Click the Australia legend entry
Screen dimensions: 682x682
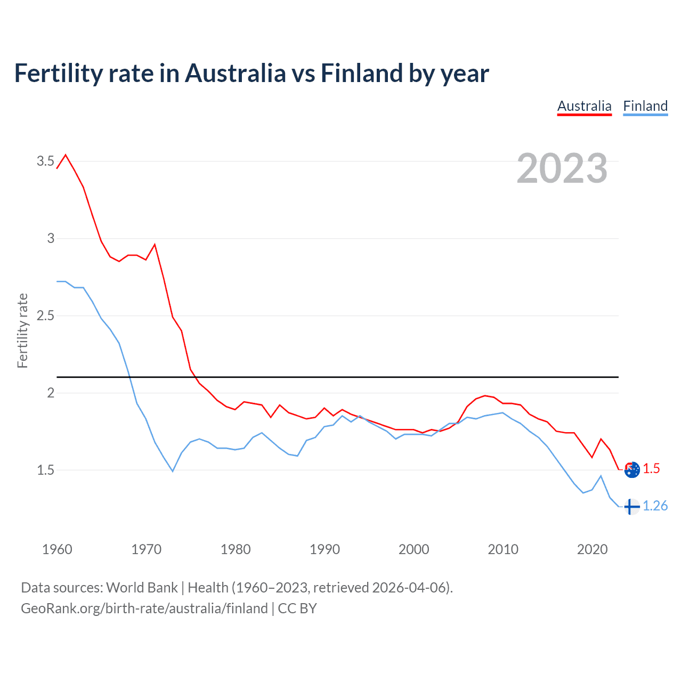[584, 106]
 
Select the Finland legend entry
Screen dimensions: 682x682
[645, 106]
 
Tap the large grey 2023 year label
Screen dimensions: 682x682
[562, 168]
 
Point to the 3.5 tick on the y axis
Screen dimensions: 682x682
[45, 161]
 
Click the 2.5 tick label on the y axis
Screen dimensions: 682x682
[45, 315]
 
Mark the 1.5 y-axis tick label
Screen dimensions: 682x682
[45, 470]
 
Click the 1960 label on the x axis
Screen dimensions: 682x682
[57, 549]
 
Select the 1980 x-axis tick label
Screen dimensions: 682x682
[236, 549]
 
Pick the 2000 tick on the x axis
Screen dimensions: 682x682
[413, 549]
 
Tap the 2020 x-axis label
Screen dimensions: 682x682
[592, 549]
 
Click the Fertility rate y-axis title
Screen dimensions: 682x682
[22, 330]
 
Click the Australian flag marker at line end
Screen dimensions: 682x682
[632, 470]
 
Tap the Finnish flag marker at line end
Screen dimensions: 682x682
[631, 506]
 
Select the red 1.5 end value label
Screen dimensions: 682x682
[651, 468]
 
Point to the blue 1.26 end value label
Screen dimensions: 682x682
[655, 506]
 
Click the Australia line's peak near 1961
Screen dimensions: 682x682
[66, 155]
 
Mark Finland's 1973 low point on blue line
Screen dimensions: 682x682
[173, 471]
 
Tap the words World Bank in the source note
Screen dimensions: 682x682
[142, 588]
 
